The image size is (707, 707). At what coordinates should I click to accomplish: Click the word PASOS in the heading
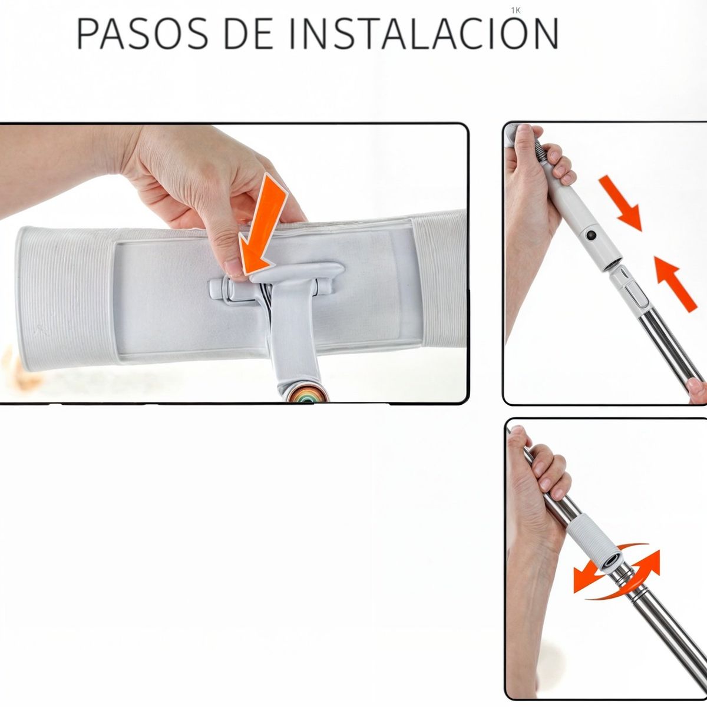(x=142, y=34)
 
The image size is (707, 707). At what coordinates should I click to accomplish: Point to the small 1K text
(x=517, y=10)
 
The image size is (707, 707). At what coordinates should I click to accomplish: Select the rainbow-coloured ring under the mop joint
(x=306, y=393)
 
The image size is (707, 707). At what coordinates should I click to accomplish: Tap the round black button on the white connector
(x=591, y=236)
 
